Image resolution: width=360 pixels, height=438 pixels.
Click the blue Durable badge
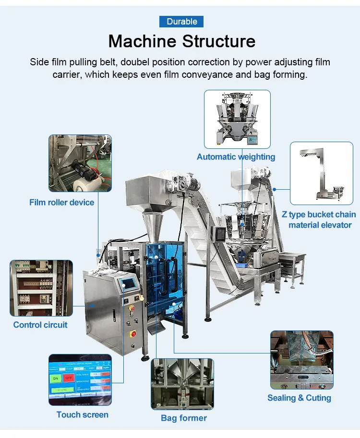point(181,21)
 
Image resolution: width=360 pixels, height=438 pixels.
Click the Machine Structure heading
point(181,41)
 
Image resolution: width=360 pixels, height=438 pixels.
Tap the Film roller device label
point(62,202)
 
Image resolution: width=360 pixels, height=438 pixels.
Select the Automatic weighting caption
point(236,157)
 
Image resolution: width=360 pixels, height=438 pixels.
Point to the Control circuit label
point(40,325)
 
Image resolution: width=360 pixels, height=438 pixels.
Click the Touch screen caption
point(82,414)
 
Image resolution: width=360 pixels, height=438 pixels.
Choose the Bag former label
point(184,418)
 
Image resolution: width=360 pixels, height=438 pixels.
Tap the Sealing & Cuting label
point(299,398)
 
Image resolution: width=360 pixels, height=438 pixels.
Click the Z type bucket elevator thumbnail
point(321,173)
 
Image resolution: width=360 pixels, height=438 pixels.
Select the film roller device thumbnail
point(80,163)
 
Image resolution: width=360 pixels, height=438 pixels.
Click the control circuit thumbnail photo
point(41,288)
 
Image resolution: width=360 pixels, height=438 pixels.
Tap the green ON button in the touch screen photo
point(56,378)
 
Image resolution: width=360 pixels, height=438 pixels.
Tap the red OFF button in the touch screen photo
point(70,378)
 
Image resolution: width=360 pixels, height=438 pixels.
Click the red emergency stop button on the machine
point(133,333)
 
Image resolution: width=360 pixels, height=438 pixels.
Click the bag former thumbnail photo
point(183,383)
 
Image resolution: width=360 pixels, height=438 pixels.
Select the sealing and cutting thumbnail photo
point(301,359)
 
